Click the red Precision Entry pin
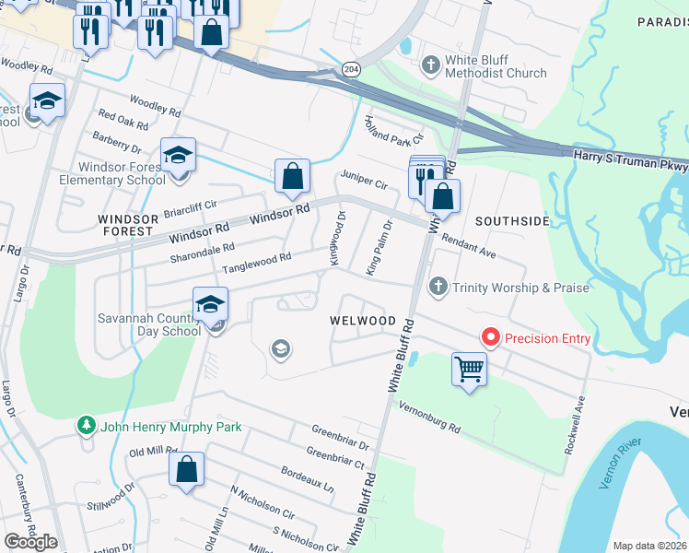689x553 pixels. point(490,338)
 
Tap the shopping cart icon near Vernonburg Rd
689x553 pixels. point(470,370)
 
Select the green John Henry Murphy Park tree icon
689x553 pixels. point(87,427)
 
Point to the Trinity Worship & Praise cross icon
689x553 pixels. point(439,288)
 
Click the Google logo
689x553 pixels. point(30,541)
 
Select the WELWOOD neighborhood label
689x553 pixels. point(363,321)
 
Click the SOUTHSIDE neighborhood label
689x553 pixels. point(511,221)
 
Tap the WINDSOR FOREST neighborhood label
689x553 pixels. point(125,225)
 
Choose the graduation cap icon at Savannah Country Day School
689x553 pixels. point(210,304)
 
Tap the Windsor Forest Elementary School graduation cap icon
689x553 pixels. point(178,154)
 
